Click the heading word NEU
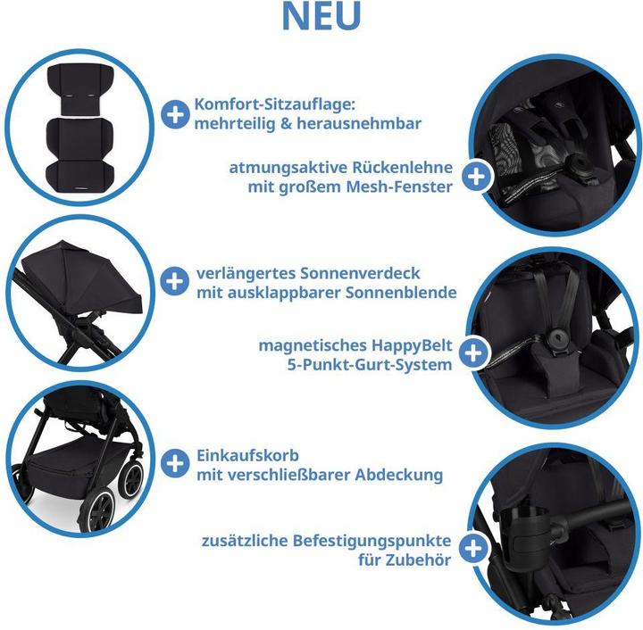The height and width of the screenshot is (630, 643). pyautogui.click(x=321, y=17)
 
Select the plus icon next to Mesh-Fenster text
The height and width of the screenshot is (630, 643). pyautogui.click(x=478, y=177)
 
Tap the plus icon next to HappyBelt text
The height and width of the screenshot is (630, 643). pyautogui.click(x=478, y=354)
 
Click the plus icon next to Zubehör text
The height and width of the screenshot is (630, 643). pyautogui.click(x=478, y=549)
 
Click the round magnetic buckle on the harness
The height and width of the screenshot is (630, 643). pyautogui.click(x=561, y=337)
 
